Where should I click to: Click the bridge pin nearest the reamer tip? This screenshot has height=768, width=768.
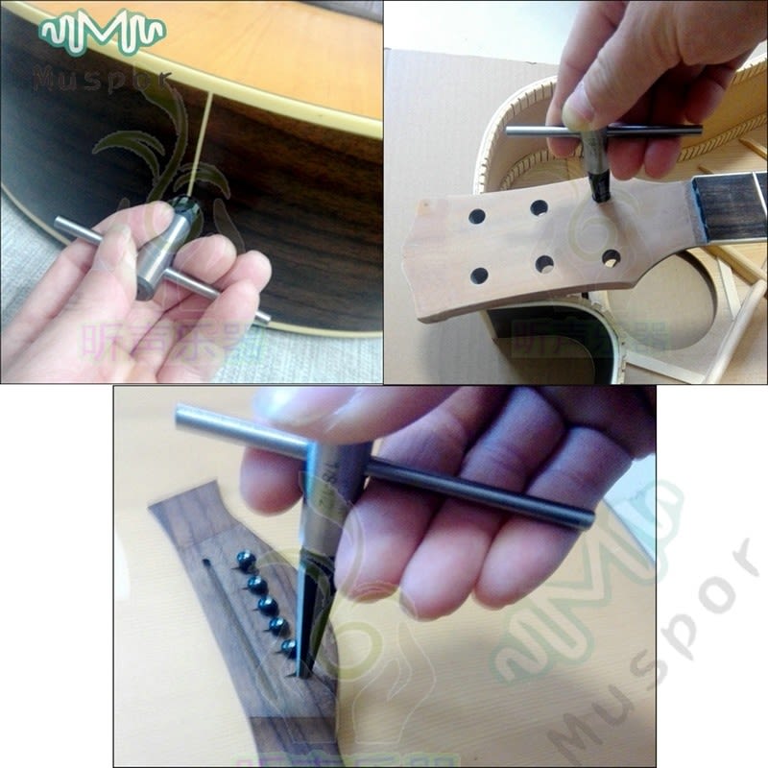click(x=287, y=648)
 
